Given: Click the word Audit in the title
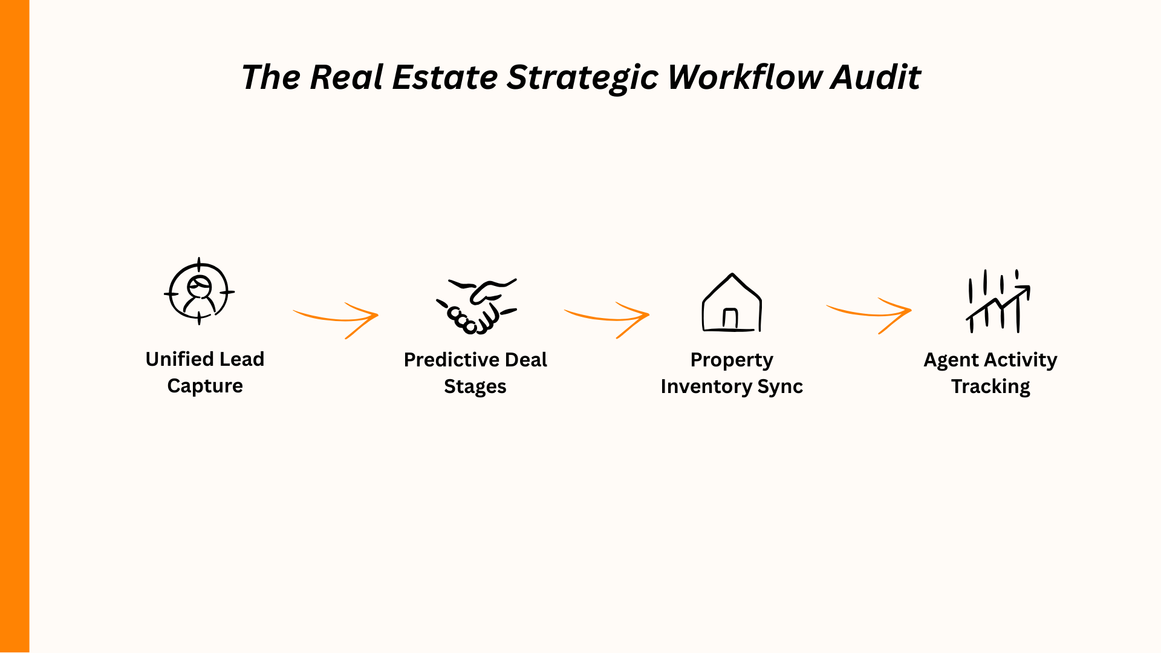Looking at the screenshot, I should (x=876, y=77).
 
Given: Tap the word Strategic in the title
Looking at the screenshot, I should (x=582, y=79).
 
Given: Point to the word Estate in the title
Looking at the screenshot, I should (x=444, y=77).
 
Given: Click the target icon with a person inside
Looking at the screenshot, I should (x=200, y=292).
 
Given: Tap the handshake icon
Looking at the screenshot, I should (x=477, y=306).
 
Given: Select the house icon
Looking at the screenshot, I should (x=732, y=304).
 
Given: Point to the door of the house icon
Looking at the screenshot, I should (x=730, y=319).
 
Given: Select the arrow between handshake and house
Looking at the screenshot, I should (x=608, y=319).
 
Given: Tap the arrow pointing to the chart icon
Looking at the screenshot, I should (x=870, y=314).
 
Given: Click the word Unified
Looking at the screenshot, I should (x=180, y=359).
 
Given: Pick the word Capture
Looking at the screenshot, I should (x=205, y=386).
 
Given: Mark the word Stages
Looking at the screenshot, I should (x=475, y=387).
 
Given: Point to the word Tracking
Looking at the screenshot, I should (x=990, y=387).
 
